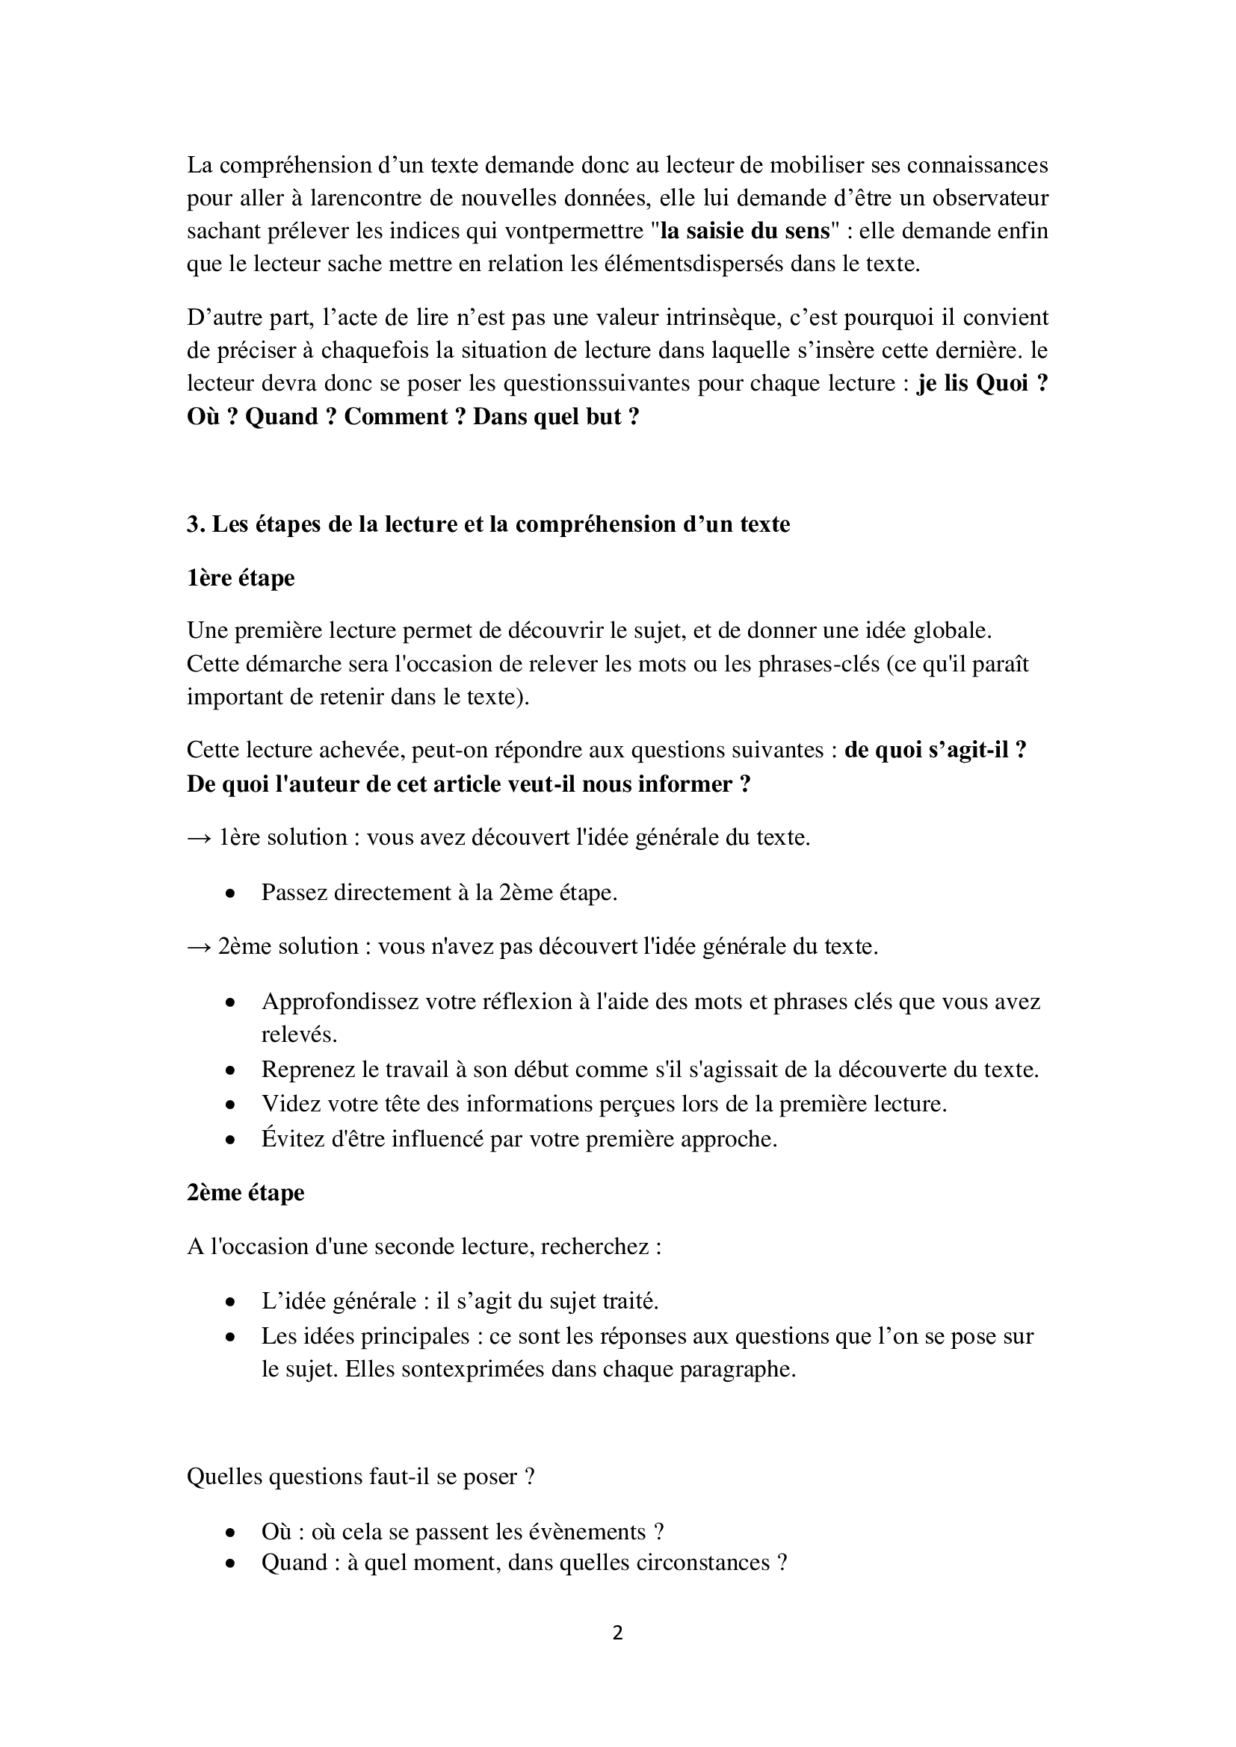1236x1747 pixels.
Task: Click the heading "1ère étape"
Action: [241, 578]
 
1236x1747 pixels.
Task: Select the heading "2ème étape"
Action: [245, 1192]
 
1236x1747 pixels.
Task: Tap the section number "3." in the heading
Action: [196, 524]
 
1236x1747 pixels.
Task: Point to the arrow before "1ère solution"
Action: [200, 838]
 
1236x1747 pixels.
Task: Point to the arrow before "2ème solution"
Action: [200, 946]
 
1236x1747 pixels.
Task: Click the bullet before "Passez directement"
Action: [229, 894]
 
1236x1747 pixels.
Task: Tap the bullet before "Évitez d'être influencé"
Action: [229, 1141]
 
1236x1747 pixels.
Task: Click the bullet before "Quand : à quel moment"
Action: [229, 1565]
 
